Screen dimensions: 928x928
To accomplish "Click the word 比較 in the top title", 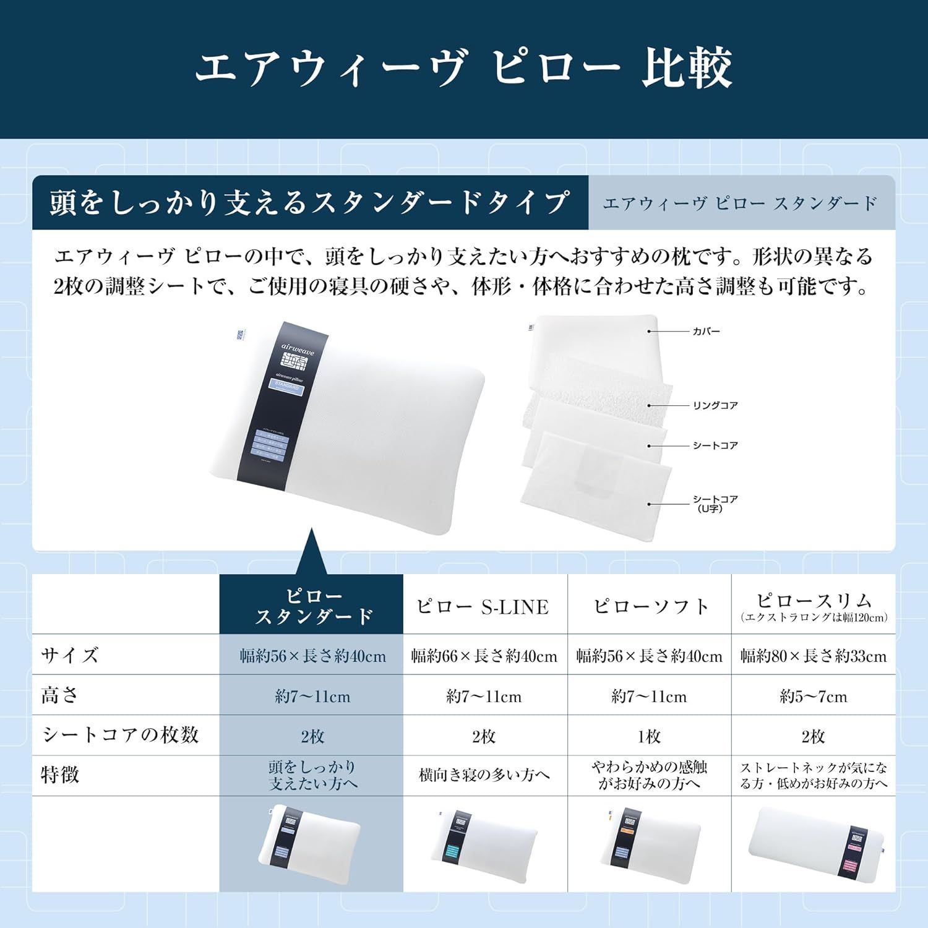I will coord(687,68).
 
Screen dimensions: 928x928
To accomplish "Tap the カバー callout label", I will coord(706,332).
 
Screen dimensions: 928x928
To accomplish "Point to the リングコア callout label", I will coord(715,406).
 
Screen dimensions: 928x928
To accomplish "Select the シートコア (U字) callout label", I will coord(715,504).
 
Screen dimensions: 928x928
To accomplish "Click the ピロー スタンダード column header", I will coord(314,606).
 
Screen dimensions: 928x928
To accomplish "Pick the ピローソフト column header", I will coord(650,606).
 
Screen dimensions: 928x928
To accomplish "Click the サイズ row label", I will coord(70,655).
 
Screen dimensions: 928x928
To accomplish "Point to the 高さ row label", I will coord(59,695).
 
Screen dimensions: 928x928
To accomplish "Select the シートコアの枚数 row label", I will coord(120,735).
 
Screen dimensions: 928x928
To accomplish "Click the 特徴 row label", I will coord(60,775).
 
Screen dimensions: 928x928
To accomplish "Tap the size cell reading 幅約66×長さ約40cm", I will coord(484,656).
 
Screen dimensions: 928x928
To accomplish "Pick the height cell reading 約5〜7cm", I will coord(814,697).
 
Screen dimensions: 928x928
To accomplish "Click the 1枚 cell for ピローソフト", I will coord(650,736).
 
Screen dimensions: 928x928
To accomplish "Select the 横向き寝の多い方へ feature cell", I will coord(484,775).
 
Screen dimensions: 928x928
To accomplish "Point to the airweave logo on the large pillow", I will coord(298,358).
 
